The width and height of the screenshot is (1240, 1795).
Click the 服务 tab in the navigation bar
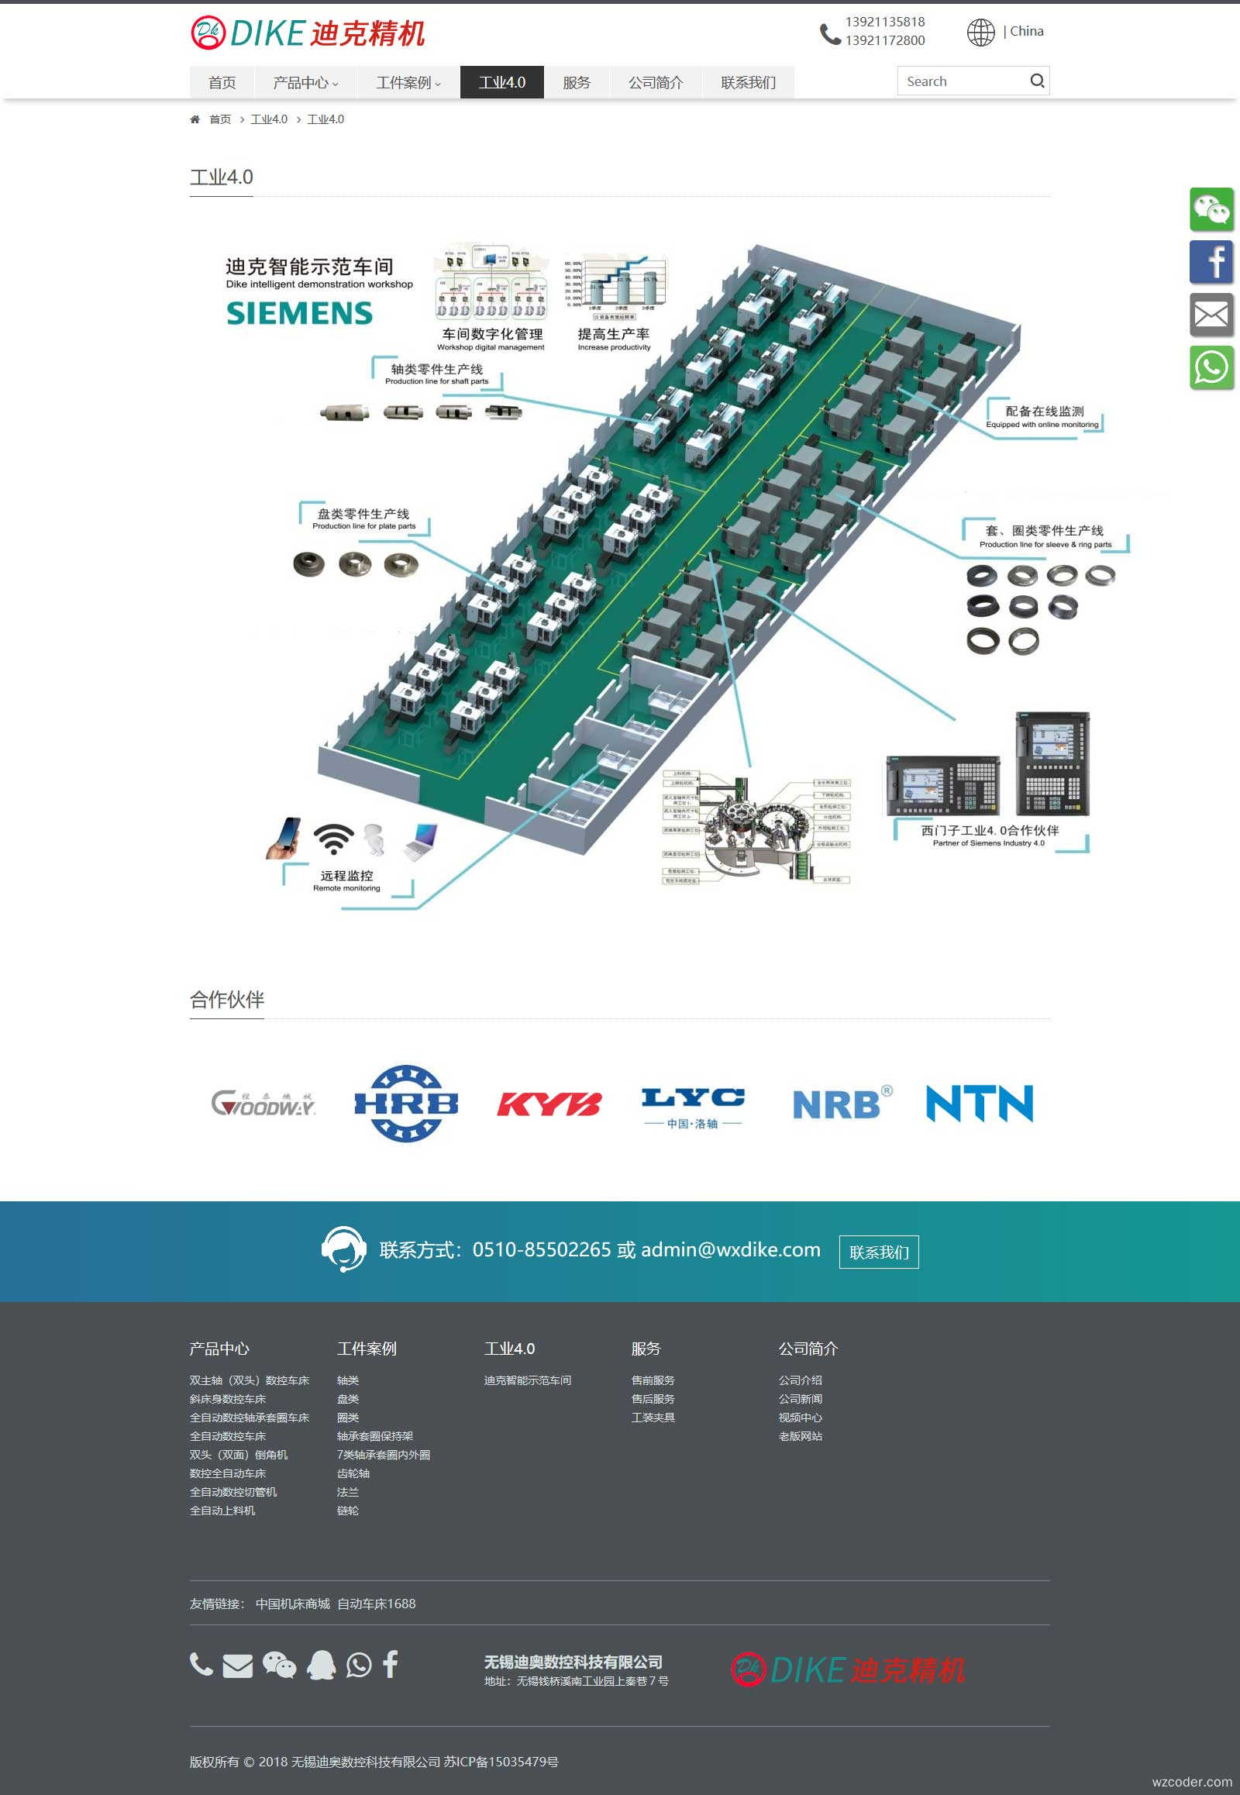coord(577,82)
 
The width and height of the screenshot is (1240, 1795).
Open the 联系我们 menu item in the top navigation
coord(747,82)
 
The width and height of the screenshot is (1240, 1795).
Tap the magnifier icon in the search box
coord(1036,81)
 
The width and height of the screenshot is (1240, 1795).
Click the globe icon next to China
coord(980,32)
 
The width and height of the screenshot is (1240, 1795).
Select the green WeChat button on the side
coord(1211,209)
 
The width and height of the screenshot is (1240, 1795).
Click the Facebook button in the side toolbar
coord(1211,262)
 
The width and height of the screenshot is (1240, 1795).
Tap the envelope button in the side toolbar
coord(1211,315)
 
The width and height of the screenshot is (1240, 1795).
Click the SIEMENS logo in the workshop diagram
coord(299,313)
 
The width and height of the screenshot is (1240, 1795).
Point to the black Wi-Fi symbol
coord(334,839)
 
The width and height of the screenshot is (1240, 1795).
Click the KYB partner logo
coord(549,1104)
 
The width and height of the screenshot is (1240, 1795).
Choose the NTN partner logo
coord(980,1104)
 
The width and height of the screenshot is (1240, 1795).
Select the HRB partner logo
coord(405,1104)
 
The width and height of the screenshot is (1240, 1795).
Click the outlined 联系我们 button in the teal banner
coord(879,1252)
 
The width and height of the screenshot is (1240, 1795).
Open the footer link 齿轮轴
coord(353,1473)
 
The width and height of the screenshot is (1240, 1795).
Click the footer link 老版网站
coord(801,1436)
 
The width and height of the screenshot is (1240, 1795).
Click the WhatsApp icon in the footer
coord(358,1666)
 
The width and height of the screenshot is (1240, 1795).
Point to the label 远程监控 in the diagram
coord(346,876)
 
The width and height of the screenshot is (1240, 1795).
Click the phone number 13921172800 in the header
coord(885,40)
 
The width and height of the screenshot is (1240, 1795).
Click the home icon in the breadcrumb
coord(195,119)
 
